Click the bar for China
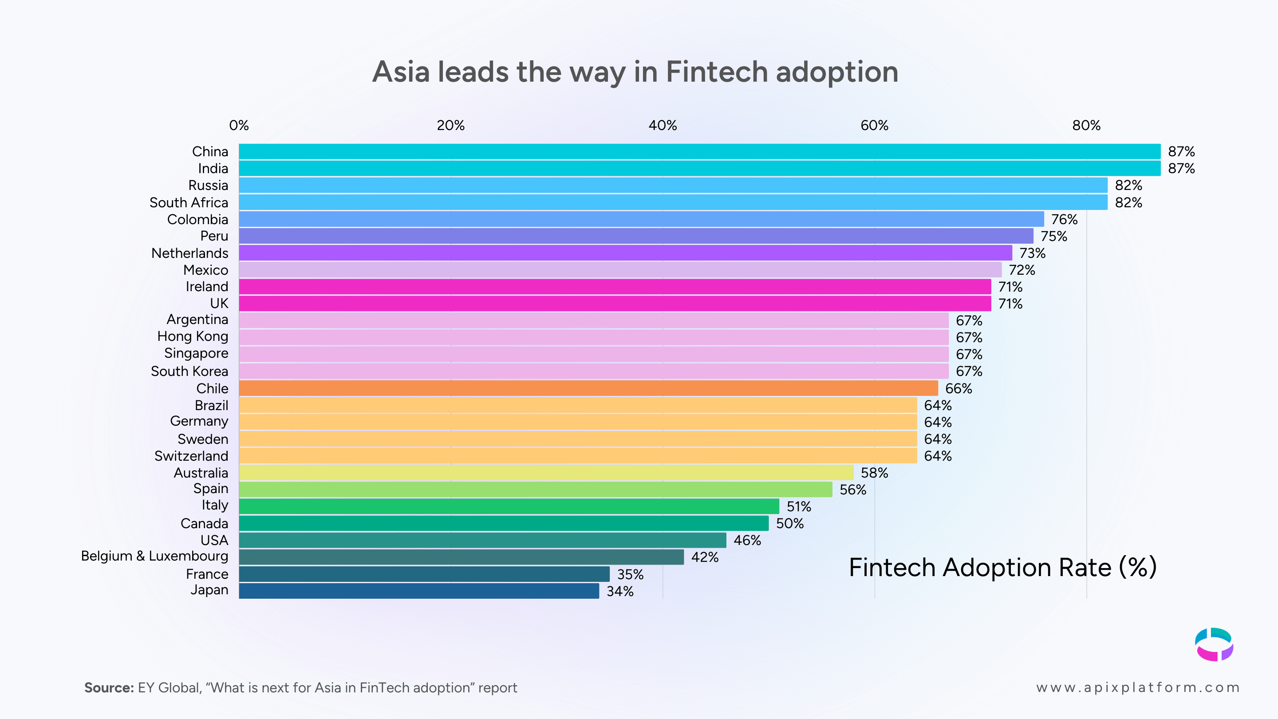coord(699,151)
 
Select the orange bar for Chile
coord(588,388)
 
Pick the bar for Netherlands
coord(625,253)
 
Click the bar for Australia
coord(546,472)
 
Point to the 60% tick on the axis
coord(874,126)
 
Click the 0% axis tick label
coord(239,126)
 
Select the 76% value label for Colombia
coord(1064,219)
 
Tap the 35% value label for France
coord(630,574)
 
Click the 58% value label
coord(874,473)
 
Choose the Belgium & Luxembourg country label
coord(154,556)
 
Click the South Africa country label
coord(189,202)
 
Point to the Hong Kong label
coord(193,336)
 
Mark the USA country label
coord(214,541)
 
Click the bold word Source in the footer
coord(109,688)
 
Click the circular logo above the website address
coord(1214,644)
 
